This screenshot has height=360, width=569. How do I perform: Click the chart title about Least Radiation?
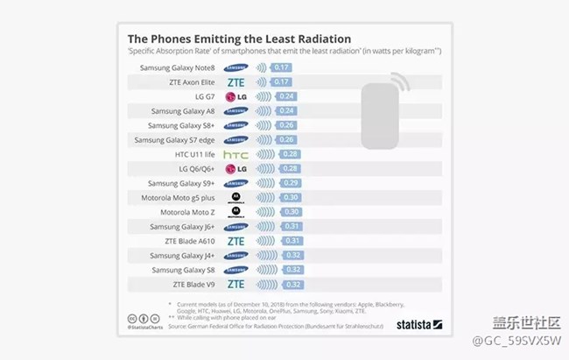point(239,39)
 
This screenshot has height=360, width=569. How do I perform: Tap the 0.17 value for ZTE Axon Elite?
point(282,82)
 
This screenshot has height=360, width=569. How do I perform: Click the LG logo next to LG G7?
point(235,96)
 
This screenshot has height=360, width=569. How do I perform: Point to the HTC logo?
point(235,154)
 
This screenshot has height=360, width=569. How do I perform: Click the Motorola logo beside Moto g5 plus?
point(235,197)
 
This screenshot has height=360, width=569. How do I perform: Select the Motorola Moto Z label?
point(187,212)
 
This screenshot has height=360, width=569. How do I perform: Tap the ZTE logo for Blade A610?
point(235,241)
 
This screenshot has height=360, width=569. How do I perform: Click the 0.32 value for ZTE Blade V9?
point(293,284)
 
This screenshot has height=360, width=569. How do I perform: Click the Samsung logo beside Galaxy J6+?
point(235,226)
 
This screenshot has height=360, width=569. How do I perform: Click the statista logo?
point(416,325)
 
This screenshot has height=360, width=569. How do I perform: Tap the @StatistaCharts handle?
point(145,328)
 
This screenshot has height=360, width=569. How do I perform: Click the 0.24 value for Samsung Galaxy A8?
point(287,111)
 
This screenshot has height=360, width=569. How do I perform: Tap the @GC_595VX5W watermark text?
point(516,340)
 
